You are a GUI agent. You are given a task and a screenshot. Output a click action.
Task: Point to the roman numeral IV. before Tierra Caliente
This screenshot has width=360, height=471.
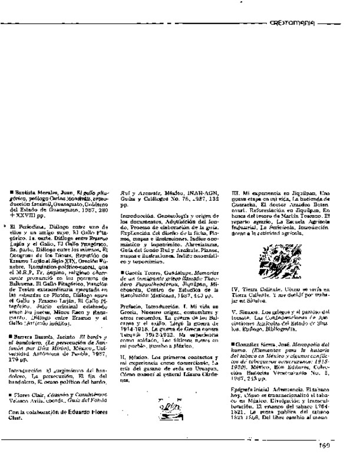click(235, 290)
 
